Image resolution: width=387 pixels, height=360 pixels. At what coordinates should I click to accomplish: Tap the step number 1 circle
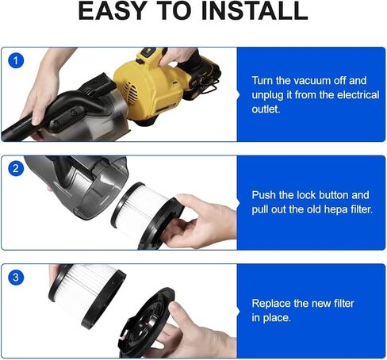point(16,61)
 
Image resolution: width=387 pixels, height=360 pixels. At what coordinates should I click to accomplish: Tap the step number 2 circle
point(16,169)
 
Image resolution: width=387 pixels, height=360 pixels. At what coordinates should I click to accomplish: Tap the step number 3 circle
point(16,278)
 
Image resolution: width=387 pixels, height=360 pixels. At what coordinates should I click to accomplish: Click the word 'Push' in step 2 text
point(265,195)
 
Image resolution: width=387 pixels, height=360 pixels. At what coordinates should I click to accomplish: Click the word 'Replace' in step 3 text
point(273,304)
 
